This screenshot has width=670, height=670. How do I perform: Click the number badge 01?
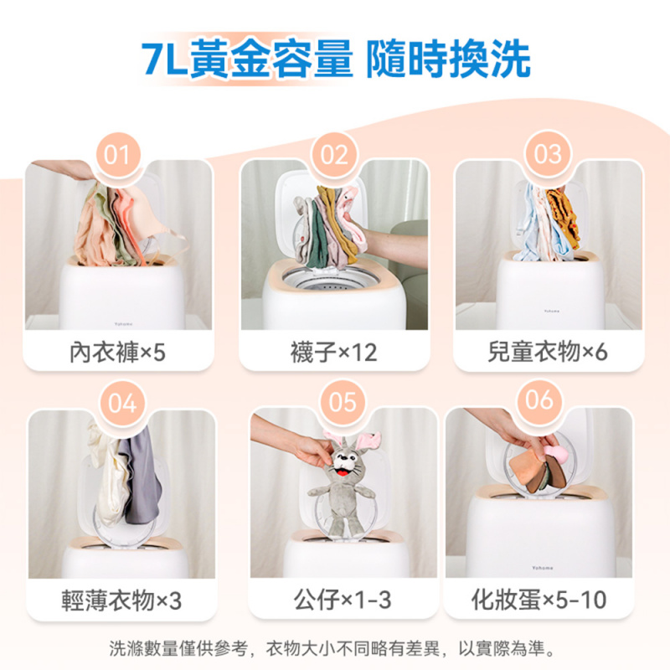(118, 155)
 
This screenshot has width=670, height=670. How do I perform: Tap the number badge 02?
(333, 155)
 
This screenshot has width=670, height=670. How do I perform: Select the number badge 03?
(548, 155)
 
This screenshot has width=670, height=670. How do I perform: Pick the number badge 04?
(122, 403)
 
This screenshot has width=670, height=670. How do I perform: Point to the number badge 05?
(343, 403)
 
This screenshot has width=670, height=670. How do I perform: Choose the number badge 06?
(540, 399)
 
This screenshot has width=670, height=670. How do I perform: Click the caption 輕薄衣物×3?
(122, 600)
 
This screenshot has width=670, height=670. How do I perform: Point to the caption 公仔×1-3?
(343, 600)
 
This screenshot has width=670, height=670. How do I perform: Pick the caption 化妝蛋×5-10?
(540, 600)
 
